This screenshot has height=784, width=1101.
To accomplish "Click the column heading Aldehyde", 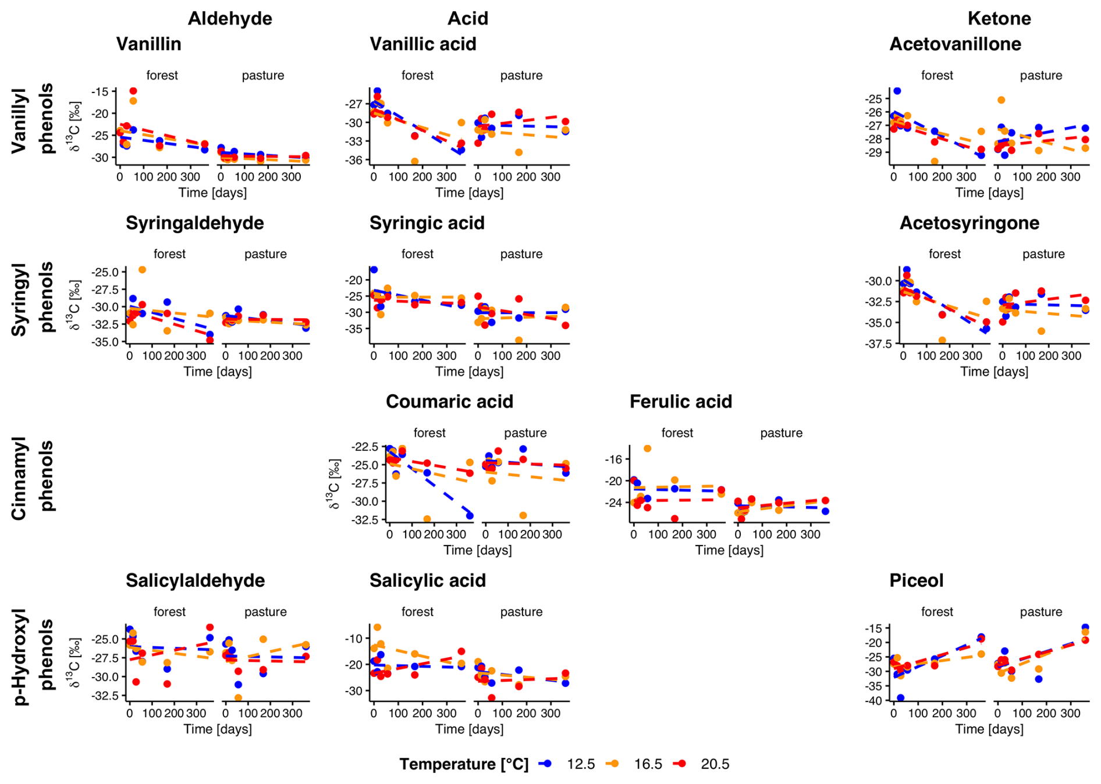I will click(230, 19).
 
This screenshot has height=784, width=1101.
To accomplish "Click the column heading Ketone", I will click(999, 19).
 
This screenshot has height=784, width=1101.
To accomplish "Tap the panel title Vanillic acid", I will click(423, 44).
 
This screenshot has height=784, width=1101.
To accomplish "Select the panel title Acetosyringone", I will click(969, 223).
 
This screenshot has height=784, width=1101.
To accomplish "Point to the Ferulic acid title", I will click(680, 402).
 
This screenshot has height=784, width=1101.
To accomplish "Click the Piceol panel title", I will click(916, 580).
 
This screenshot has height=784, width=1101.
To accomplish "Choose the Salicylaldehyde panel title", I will click(195, 580).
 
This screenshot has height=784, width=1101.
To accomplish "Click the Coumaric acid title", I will click(449, 402).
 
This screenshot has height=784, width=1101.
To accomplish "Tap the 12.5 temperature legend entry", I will click(580, 764).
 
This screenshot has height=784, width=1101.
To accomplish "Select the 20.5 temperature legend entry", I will click(715, 764).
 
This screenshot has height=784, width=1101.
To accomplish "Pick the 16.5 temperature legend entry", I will click(648, 764).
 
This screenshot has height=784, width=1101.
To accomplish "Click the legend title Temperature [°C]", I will click(464, 764).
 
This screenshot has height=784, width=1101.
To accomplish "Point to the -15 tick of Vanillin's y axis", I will click(100, 92).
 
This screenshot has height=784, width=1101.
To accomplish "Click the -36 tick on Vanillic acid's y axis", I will click(355, 161).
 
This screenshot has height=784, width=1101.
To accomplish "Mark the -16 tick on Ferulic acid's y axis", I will click(613, 459).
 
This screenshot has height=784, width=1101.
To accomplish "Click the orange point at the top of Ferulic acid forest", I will click(647, 448).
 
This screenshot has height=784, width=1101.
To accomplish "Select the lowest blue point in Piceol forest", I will click(900, 698).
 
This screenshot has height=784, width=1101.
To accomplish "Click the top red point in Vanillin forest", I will click(133, 91).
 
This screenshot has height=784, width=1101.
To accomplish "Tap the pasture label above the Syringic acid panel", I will click(521, 254).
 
